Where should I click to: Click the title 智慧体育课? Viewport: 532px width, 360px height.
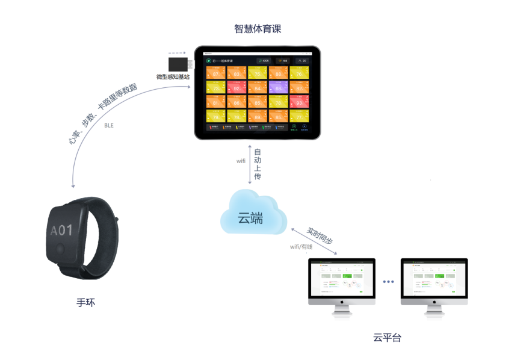[x=258, y=29]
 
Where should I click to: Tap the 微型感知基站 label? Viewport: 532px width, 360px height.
[x=173, y=77]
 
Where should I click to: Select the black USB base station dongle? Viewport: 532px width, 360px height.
[x=179, y=64]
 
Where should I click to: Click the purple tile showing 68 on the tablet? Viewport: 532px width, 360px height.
[x=277, y=88]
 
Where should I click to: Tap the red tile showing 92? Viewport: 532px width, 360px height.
[x=236, y=88]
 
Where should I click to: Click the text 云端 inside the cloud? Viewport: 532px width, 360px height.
[x=250, y=219]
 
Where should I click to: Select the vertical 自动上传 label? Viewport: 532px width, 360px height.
[x=258, y=164]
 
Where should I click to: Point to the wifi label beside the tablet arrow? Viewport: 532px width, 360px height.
[x=241, y=161]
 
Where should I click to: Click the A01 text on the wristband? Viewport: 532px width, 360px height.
[x=61, y=231]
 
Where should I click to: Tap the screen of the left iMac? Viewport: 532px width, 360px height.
[x=341, y=279]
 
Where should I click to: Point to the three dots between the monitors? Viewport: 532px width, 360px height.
[x=388, y=281]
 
